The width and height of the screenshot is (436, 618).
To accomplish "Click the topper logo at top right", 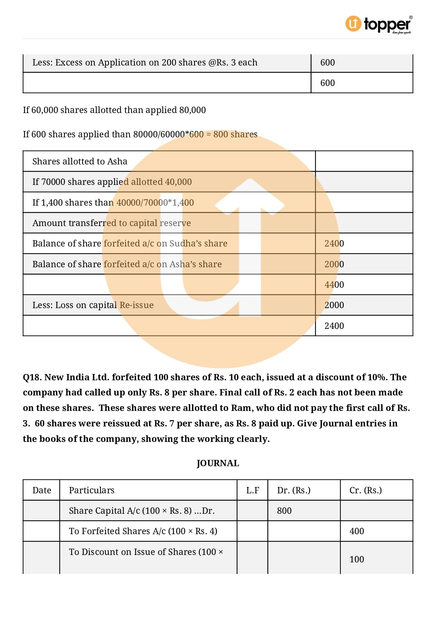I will pos(378,25).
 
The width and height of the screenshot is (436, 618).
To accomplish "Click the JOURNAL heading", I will pos(218,463).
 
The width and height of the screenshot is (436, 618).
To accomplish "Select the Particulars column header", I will pos(91,490).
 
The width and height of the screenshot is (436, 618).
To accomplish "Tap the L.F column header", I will pos(252,490).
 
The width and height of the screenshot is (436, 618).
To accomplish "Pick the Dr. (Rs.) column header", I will pos(294,490).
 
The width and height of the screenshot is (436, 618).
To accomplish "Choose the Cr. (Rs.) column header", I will pos(365,490).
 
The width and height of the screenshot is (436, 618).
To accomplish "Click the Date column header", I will pos(41,490).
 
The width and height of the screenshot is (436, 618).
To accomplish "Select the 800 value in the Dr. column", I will pos(284,511).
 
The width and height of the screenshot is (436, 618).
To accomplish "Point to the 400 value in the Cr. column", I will pos(357,531).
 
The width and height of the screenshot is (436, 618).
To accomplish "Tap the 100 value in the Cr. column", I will pos(357,559).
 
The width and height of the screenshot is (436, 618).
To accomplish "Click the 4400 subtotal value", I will pos(334,285).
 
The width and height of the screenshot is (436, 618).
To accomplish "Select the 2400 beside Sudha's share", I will pos(334,243).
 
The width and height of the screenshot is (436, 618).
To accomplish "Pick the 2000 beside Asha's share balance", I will pos(334,264).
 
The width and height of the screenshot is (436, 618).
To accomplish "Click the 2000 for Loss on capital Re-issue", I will pos(334,305).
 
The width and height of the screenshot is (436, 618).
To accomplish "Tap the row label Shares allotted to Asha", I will pos(80,161).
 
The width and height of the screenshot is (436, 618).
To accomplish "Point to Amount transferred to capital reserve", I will pos(111,223).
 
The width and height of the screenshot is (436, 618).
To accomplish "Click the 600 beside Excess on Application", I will pos(327,62).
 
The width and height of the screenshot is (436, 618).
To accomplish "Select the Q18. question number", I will pos(32,377).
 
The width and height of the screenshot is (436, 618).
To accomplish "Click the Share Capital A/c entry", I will pos(141,511).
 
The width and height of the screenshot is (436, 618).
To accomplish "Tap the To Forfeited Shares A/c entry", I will pos(143,531).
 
